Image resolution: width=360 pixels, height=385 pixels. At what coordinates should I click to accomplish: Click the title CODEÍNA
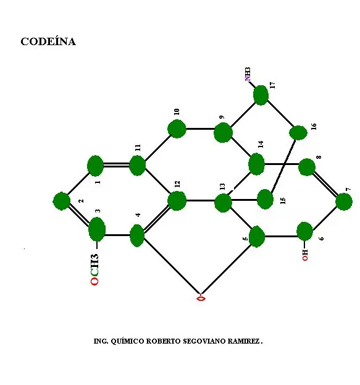48,41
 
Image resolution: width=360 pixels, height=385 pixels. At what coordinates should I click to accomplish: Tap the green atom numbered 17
261,95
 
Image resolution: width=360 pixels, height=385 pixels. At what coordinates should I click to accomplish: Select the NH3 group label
248,74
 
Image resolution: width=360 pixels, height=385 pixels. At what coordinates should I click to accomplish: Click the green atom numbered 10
177,129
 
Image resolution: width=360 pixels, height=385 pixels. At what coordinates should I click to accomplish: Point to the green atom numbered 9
223,133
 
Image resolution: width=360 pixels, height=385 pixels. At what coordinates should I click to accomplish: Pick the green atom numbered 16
298,133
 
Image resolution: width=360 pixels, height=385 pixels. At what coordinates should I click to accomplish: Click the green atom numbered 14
256,164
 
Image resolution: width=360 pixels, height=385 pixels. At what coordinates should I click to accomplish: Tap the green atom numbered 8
307,167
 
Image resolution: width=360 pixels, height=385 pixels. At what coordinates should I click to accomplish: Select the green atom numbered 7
344,201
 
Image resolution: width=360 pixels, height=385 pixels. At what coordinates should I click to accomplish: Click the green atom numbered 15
265,199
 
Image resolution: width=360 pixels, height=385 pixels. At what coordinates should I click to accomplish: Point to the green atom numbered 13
223,203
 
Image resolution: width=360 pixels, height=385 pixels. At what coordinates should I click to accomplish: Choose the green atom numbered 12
177,201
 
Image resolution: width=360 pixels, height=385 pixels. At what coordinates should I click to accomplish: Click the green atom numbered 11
137,166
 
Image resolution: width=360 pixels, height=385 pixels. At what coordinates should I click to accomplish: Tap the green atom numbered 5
257,237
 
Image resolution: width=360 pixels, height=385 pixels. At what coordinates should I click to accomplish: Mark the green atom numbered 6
304,232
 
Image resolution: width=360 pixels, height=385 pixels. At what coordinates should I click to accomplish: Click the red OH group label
305,255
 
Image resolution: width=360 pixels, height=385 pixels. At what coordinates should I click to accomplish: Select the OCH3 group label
94,269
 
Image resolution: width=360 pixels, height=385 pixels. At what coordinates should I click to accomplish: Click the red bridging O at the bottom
201,298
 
